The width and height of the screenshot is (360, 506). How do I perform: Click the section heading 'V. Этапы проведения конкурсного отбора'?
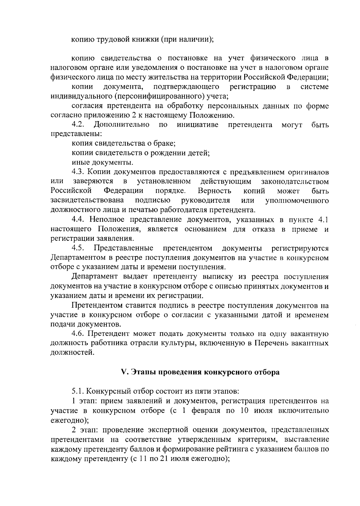(x=200, y=372)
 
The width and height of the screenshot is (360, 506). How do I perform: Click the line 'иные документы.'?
(x=102, y=163)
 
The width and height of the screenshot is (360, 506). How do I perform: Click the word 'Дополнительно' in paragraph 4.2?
(x=121, y=124)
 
